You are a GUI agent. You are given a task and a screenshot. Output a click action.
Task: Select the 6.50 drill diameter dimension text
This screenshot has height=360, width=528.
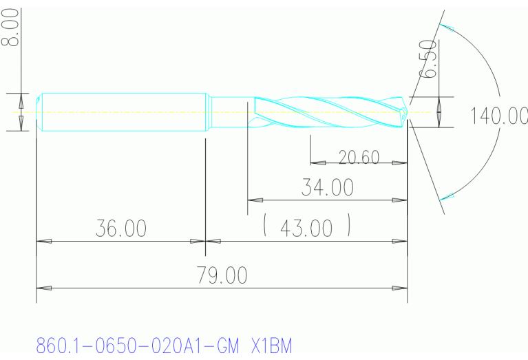coord(429,59)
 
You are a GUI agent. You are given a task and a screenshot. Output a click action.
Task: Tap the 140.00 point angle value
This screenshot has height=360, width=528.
coord(498,115)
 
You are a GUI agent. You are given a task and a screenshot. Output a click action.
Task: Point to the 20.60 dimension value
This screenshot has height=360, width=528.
coord(359,157)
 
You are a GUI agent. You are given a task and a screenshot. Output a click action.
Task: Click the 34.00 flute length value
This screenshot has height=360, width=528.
coord(327,187)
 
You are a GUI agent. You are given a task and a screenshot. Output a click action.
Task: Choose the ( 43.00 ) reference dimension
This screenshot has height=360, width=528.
coord(307,227)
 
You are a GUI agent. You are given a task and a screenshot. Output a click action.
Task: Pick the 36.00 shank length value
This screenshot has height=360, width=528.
coord(120,229)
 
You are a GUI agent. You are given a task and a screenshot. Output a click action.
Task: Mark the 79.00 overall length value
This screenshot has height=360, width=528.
coord(222,275)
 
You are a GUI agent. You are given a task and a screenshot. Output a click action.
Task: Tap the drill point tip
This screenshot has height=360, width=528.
coord(409,111)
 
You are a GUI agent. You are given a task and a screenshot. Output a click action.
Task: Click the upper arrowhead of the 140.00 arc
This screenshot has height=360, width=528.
coord(447,28)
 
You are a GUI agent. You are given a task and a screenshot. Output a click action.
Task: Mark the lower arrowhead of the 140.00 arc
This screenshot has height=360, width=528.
coord(447,197)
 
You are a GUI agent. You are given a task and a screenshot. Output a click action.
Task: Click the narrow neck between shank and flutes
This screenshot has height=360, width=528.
coord(227,111)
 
